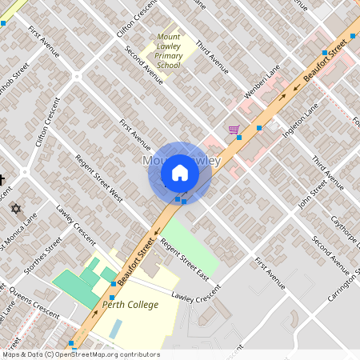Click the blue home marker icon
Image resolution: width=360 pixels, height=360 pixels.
pos(180,172)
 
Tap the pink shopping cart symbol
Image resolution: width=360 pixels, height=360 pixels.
pos(234,130)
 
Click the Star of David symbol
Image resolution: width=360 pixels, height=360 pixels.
pos(14,208)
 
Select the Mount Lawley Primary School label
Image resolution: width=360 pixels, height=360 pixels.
pos(168,50)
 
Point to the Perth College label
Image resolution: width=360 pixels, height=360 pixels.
pos(130,305)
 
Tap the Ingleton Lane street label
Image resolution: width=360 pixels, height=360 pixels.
pos(300,116)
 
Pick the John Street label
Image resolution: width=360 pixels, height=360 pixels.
pos(312,193)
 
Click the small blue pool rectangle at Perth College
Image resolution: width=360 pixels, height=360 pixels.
pos(117,328)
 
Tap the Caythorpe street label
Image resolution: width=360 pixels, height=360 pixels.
pos(346,233)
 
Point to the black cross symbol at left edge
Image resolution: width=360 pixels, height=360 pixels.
pos(2,179)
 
